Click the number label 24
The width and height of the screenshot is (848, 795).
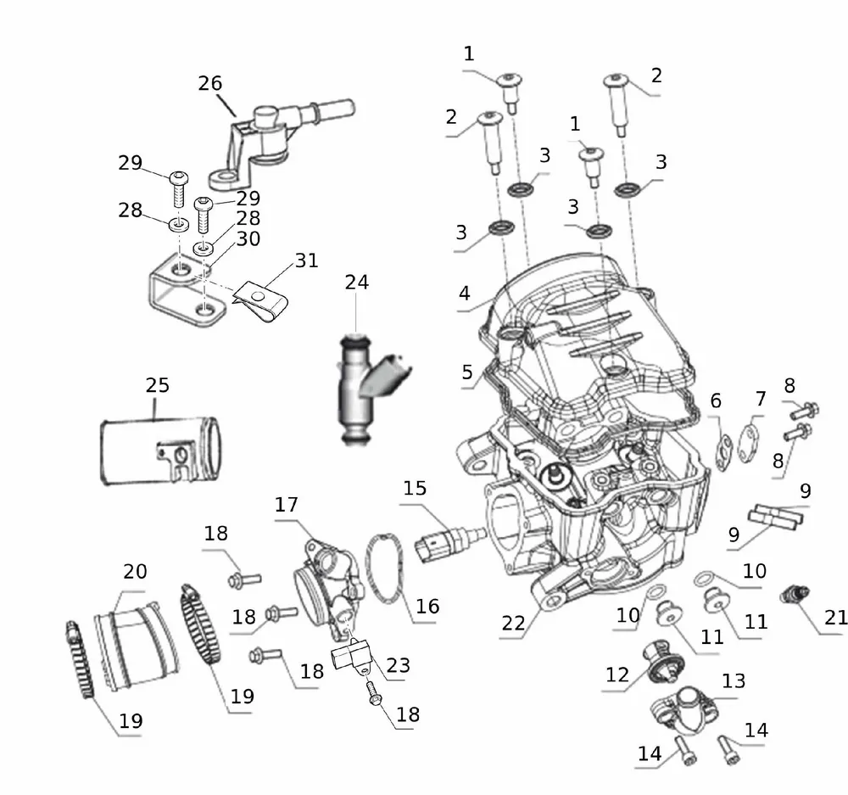(x=356, y=282)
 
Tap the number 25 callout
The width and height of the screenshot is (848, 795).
(x=158, y=384)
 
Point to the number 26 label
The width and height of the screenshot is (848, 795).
(x=210, y=83)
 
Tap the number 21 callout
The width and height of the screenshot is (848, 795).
(x=835, y=618)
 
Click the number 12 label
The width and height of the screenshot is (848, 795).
(x=617, y=675)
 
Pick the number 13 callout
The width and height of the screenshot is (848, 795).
(x=734, y=680)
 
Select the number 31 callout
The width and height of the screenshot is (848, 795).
(x=306, y=260)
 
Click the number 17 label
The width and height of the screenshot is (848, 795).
(x=286, y=505)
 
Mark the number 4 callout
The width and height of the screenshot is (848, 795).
(x=464, y=294)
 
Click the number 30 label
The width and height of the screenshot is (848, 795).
(x=248, y=239)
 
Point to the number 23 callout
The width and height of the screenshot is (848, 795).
(x=397, y=665)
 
